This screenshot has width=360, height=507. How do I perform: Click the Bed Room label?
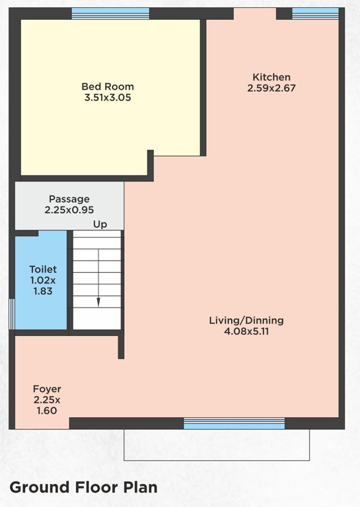[108, 86]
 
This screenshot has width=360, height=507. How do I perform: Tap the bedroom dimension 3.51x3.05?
[108, 98]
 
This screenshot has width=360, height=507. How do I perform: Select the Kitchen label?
[271, 77]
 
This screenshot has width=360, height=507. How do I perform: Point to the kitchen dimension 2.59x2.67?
[271, 88]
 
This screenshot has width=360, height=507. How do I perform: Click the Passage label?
[69, 199]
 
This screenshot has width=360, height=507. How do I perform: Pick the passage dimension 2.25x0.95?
[69, 210]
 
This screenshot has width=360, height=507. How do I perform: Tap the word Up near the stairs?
[100, 224]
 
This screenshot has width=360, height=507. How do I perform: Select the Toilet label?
[43, 269]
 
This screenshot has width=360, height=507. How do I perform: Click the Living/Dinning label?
[246, 320]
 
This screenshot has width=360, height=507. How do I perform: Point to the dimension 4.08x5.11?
[246, 331]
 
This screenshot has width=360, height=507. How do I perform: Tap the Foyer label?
[47, 389]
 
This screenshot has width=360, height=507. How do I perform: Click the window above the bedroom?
[110, 13]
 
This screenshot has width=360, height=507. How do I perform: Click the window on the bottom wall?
[234, 423]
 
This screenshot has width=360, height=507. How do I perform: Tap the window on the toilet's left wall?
[11, 314]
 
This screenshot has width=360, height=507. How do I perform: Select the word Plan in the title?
[139, 487]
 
